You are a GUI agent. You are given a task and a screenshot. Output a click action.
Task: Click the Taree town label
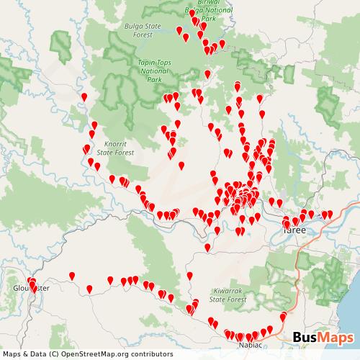[x=294, y=230]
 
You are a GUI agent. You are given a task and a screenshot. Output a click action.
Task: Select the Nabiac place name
[x=249, y=345]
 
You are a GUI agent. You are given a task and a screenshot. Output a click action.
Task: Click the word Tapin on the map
[x=143, y=63]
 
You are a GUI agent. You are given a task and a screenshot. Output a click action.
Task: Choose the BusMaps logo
[x=323, y=338]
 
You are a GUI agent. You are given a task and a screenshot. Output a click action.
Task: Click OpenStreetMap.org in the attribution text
[x=96, y=354]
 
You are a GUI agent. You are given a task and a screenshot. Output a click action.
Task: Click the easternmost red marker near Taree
[x=330, y=213]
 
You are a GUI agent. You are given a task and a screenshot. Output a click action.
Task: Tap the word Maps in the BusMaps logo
[x=336, y=338]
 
